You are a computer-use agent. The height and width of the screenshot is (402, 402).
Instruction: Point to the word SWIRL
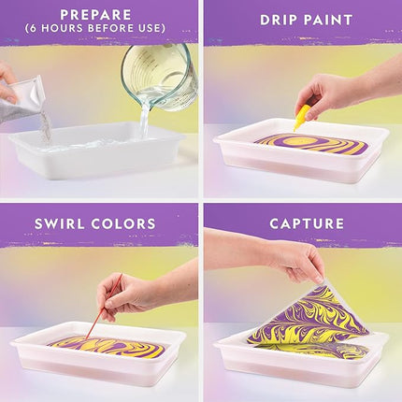pos(66,223)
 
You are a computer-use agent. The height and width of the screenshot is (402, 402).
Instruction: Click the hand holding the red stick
pos(131,293)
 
